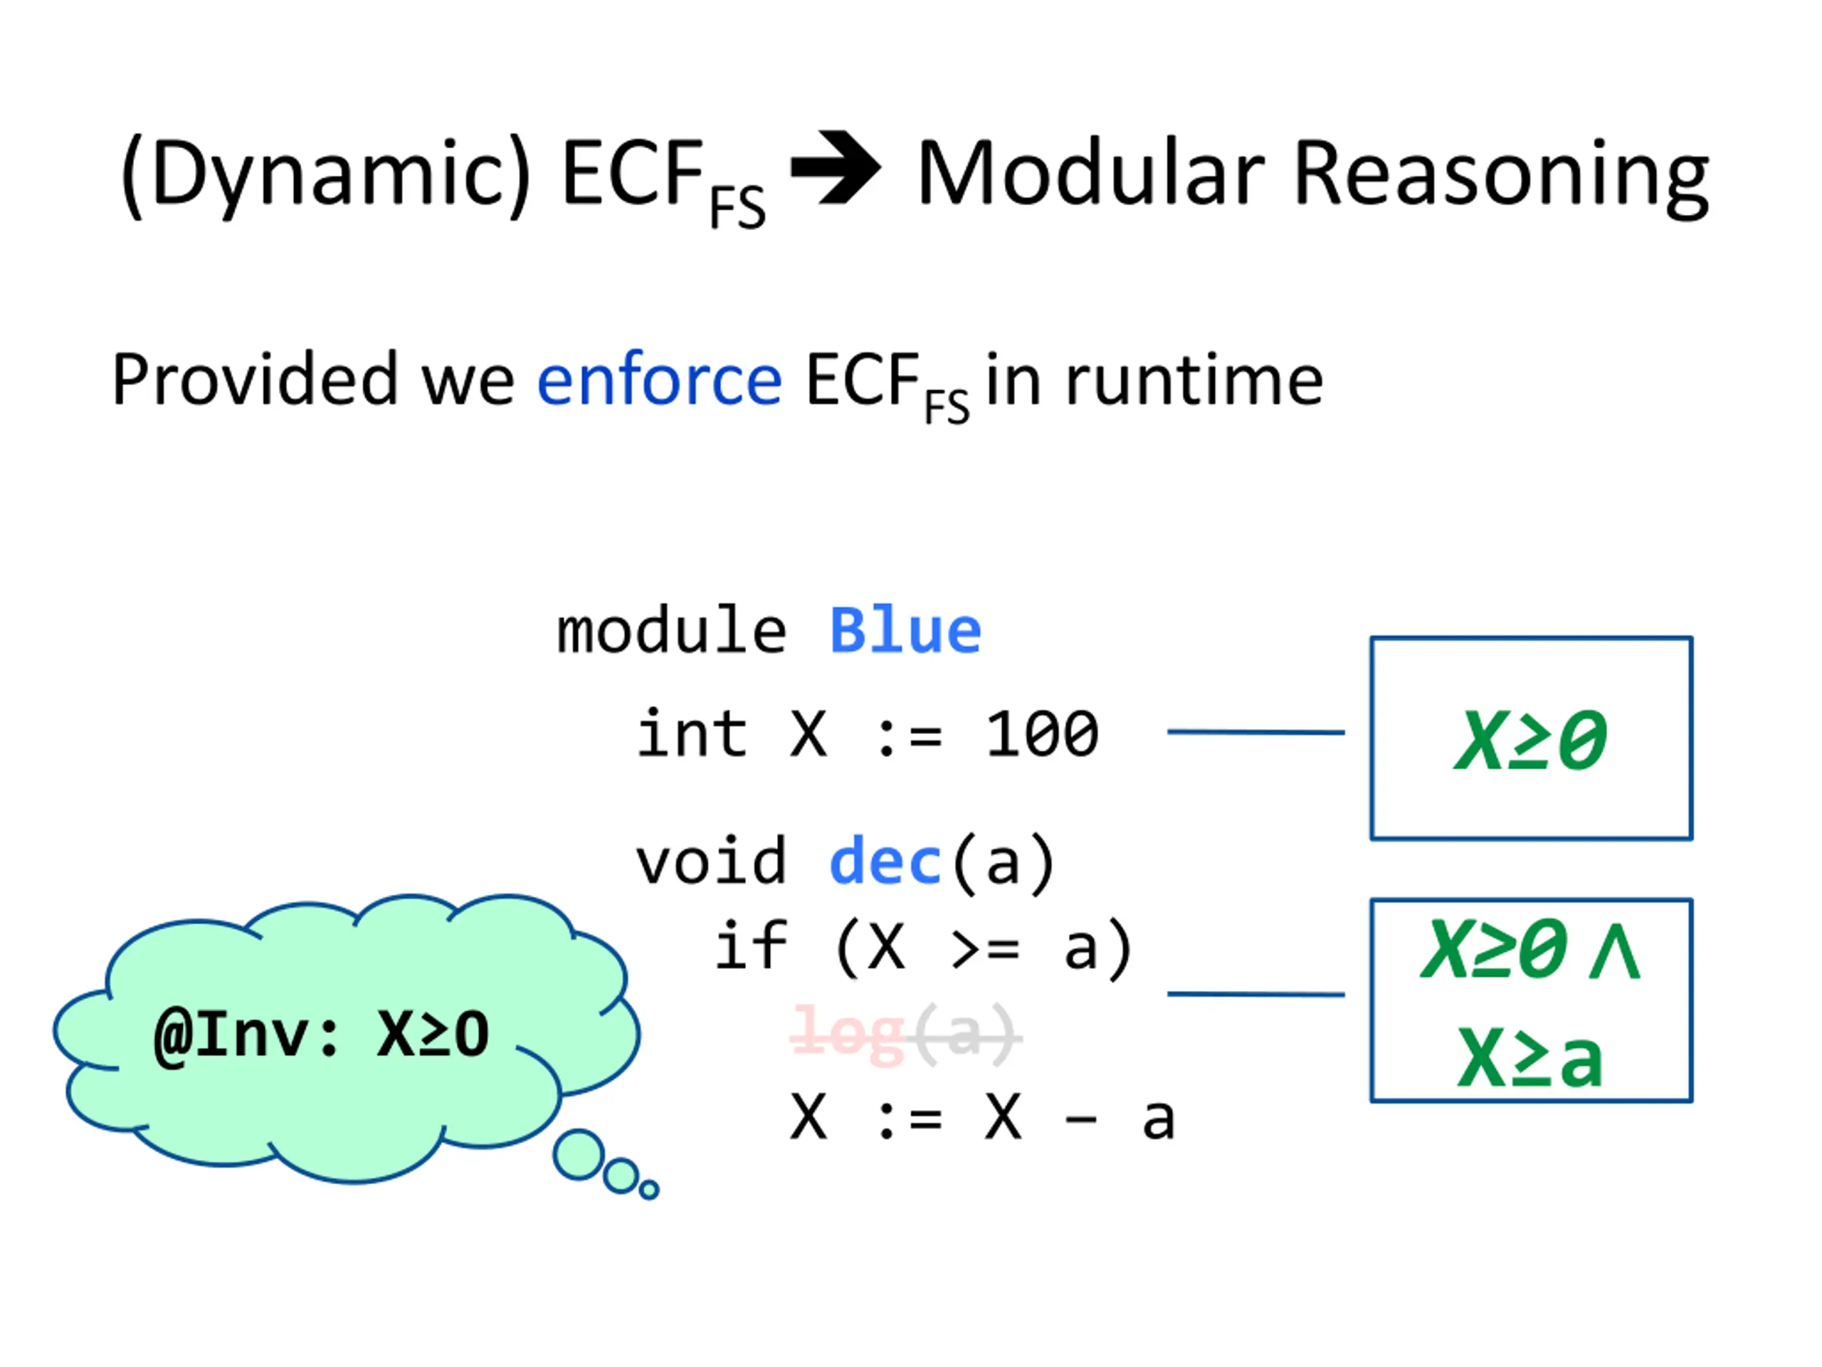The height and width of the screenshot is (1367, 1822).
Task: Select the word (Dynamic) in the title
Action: pos(326,174)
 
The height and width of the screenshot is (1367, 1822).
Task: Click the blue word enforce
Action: pos(659,380)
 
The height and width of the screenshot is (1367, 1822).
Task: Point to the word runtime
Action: pos(1194,380)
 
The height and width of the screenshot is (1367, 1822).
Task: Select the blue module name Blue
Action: pos(905,632)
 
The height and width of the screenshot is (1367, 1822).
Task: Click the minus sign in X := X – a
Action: pos(1080,1119)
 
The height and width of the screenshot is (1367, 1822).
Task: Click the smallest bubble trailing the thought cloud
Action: pos(649,1189)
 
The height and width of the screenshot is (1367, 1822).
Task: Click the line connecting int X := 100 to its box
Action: pos(1255,732)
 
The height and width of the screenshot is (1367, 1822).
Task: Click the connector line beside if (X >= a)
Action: pos(1255,994)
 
